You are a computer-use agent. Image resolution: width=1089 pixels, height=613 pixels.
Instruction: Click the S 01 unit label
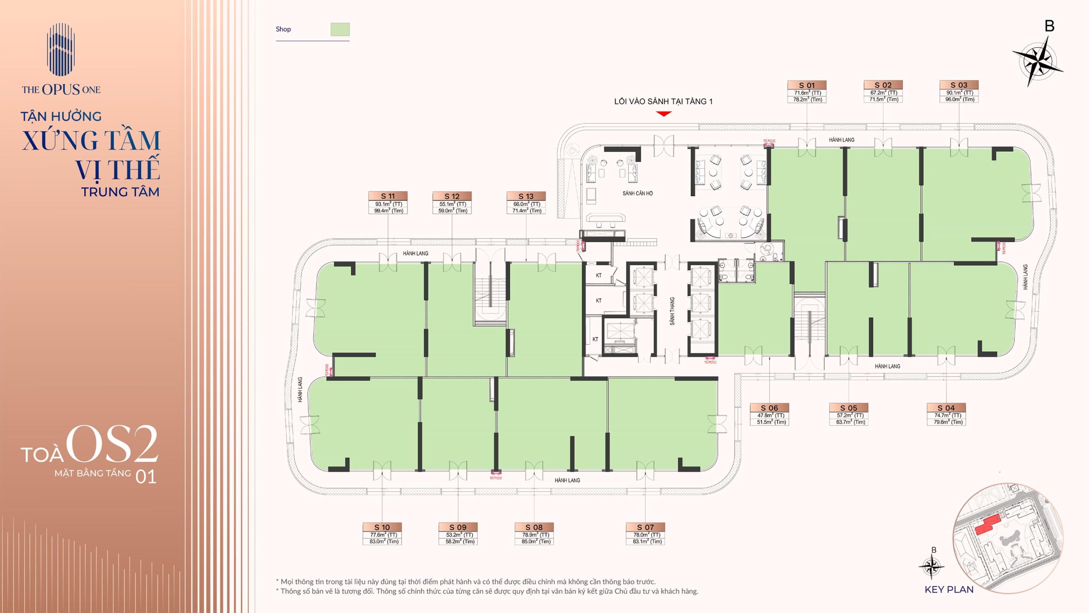tap(807, 85)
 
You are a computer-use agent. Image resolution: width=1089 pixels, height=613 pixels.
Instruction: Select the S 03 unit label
tap(959, 85)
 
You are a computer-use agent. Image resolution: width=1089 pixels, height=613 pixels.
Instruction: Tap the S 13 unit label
tap(526, 196)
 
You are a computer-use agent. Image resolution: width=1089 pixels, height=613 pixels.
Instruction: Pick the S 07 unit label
tap(645, 527)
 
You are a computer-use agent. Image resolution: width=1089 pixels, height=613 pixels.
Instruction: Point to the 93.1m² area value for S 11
tap(388, 204)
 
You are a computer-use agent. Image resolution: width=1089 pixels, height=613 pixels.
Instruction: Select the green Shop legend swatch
tap(340, 29)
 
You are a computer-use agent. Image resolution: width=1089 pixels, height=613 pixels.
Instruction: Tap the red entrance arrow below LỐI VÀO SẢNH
tap(664, 114)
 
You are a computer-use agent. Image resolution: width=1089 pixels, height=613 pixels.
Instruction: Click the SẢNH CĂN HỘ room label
tap(637, 194)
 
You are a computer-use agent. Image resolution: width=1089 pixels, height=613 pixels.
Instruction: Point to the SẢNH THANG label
tap(672, 311)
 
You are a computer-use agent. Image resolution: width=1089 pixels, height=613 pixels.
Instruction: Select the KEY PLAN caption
tap(949, 590)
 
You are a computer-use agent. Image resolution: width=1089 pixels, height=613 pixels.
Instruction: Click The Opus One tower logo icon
tap(61, 50)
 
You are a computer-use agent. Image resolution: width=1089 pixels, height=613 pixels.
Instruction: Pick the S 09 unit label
tap(458, 527)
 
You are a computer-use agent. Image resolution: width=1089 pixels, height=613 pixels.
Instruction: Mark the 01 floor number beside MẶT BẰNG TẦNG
tap(146, 477)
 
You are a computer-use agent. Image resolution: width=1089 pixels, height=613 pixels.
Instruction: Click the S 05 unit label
tap(848, 408)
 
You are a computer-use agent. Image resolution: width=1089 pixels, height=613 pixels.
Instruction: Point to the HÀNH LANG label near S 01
tap(841, 140)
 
